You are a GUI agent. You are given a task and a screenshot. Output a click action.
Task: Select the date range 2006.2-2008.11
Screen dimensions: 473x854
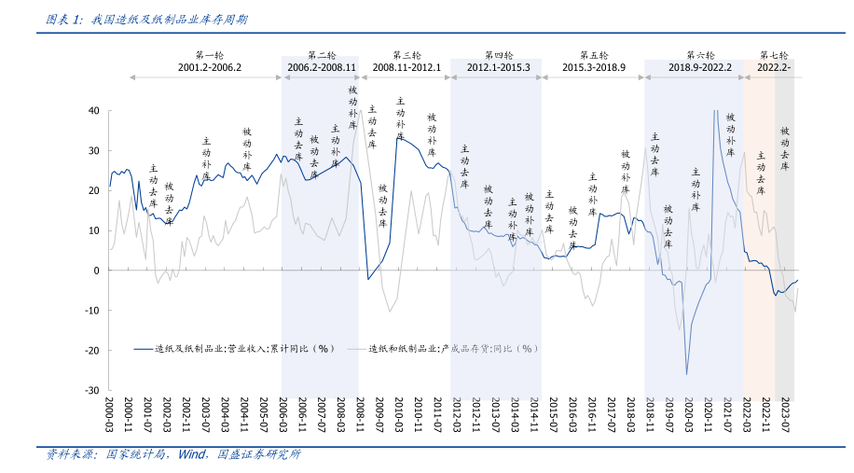tap(322, 68)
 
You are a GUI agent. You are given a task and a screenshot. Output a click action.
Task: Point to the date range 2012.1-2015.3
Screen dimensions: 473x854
tap(498, 68)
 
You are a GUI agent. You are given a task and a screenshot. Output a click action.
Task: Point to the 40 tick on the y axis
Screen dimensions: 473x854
tap(92, 110)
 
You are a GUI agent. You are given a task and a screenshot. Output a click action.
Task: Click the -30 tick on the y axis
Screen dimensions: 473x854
tap(90, 391)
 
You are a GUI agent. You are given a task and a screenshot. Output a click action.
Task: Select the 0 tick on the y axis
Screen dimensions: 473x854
tap(95, 271)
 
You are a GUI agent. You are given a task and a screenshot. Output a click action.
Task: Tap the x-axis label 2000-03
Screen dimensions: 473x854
tap(110, 416)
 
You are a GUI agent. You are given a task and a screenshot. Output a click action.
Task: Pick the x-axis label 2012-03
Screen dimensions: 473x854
tap(457, 416)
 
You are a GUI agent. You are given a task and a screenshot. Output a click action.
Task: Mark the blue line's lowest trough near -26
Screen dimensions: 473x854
tap(686, 374)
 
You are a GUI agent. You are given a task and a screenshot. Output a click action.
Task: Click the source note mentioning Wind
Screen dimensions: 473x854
tap(172, 455)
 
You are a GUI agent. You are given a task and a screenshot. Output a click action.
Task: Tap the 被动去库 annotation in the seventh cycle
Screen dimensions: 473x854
tap(785, 148)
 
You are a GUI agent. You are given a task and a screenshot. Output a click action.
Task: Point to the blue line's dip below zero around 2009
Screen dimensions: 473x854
tap(368, 278)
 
